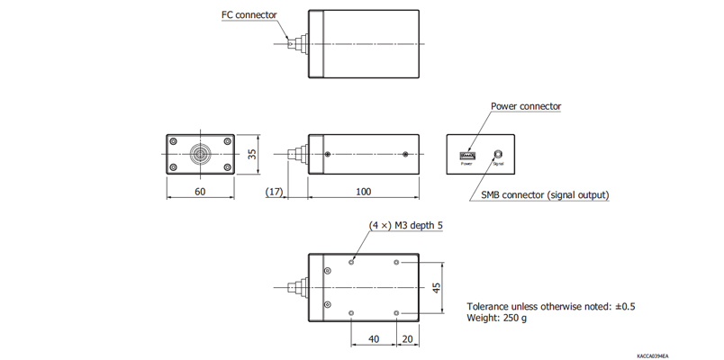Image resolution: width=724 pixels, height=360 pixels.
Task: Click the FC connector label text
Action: (249, 14)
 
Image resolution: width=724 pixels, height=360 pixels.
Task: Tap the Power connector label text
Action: (526, 106)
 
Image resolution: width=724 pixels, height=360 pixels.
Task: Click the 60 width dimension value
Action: (200, 192)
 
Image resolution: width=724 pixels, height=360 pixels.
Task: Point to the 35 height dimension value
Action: (253, 154)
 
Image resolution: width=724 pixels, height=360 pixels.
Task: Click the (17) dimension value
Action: (276, 192)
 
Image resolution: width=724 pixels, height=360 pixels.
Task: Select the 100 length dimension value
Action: (364, 192)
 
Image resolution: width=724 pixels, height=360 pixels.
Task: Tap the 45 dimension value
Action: (437, 288)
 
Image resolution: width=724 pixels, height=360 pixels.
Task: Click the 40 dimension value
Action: (373, 340)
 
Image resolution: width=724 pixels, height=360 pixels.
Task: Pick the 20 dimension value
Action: (408, 340)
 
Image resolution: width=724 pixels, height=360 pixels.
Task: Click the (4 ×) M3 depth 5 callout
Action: (406, 226)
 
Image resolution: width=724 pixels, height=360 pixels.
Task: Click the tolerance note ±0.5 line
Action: (551, 306)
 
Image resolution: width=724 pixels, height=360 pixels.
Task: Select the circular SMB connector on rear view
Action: (496, 154)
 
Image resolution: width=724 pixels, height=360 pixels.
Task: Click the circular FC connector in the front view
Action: (200, 154)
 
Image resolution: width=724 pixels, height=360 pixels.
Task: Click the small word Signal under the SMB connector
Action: (497, 164)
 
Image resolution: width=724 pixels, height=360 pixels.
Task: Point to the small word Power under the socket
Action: (466, 164)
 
